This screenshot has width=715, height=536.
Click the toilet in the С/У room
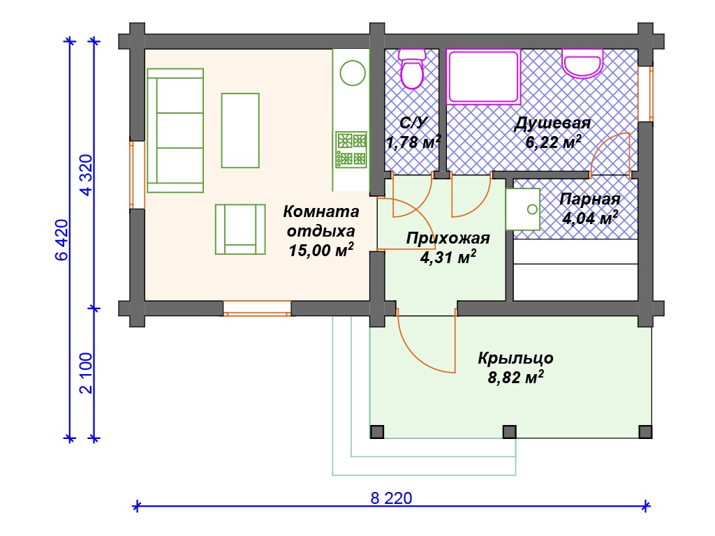pos(411,68)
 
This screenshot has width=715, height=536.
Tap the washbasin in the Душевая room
pos(582,63)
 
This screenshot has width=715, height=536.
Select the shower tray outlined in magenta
pos(483,77)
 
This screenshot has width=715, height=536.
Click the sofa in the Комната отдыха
pos(175,131)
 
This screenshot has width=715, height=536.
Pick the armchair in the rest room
pos(240,229)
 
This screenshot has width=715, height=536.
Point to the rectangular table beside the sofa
pos(240,131)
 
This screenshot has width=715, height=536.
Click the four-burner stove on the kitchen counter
pos(351,150)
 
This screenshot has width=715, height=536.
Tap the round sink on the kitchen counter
pos(353,73)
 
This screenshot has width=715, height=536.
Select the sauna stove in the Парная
pos(522,209)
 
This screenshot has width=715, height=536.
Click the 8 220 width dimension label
pos(391,498)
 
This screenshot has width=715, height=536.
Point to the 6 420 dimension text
pos(61,240)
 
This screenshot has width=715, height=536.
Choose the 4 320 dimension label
pos(86,175)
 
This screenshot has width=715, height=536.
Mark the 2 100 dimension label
pos(86,373)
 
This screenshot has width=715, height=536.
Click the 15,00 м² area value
pos(321,250)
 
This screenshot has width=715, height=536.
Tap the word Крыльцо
pos(516,358)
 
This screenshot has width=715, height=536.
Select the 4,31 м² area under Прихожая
pos(448,258)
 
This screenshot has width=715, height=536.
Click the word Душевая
pos(552,123)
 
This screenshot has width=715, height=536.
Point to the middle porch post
pos(509,431)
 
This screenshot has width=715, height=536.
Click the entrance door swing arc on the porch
pos(420,350)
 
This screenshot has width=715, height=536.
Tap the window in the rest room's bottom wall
pos(257,308)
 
